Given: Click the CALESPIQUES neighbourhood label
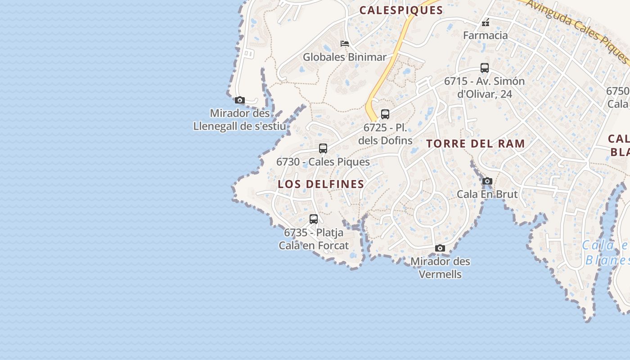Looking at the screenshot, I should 401,10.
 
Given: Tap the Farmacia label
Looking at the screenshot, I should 486,35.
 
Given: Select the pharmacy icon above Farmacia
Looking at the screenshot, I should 486,22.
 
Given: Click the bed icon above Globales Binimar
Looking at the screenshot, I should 345,44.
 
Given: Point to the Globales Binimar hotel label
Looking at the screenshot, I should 345,57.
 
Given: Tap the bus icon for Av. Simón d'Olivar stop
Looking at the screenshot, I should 485,68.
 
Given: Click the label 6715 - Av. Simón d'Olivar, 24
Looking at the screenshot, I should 484,87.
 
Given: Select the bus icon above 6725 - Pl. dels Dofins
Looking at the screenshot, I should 385,114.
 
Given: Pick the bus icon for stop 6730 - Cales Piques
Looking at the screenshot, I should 323,148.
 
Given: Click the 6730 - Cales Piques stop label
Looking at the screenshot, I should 323,162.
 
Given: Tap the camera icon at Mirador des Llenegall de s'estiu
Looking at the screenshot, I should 240,100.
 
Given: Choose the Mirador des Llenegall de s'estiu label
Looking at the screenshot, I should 239,120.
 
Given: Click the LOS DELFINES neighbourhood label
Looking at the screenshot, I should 321,184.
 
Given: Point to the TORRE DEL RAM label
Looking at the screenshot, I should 476,144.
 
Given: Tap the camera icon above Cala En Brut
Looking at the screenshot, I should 487,181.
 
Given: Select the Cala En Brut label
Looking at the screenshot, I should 487,194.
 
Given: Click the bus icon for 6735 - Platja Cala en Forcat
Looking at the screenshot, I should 314,219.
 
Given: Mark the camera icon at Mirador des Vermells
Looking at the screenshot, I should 440,248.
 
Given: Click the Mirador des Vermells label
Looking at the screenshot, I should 440,267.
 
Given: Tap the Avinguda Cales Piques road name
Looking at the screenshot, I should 578,29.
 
